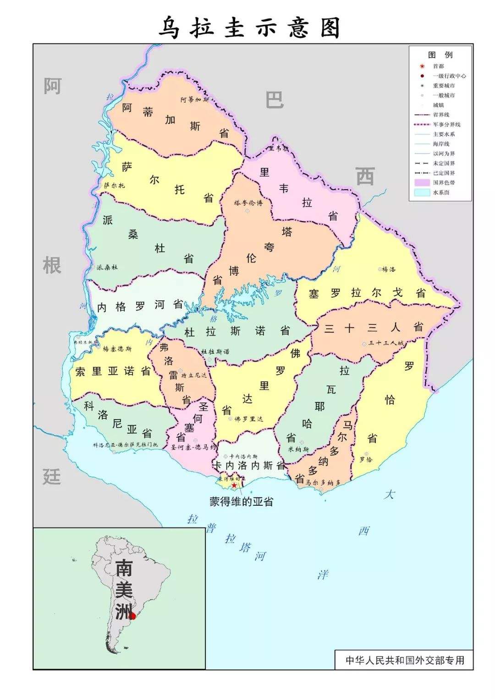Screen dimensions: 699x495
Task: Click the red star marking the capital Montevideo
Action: [234, 485]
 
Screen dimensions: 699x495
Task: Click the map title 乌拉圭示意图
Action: [250, 28]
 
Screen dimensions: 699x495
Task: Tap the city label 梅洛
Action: [388, 269]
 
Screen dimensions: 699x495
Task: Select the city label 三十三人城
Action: [385, 343]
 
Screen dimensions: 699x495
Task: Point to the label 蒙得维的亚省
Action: [241, 501]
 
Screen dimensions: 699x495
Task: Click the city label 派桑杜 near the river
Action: [107, 267]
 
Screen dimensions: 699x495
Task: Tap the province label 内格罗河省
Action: [140, 306]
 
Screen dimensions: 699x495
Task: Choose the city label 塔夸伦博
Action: [248, 202]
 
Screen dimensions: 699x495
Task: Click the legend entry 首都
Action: [438, 66]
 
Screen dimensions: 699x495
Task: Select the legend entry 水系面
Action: [441, 192]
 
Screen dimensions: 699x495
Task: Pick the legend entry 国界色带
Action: [444, 183]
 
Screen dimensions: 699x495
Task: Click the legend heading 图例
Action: [440, 55]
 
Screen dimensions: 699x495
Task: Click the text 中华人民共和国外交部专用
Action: [404, 660]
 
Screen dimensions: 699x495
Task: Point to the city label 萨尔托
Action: [114, 186]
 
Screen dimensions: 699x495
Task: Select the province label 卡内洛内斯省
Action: [249, 466]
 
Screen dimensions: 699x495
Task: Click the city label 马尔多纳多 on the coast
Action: [323, 482]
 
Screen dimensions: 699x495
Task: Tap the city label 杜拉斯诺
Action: [215, 352]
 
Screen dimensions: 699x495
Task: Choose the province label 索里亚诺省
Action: [113, 371]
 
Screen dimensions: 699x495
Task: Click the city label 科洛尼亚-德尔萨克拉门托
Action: [125, 445]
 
